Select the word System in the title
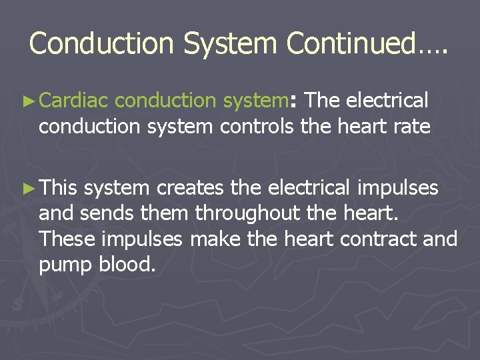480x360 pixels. point(231,43)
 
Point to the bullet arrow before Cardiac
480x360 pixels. point(29,101)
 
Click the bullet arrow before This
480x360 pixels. point(29,189)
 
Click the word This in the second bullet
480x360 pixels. point(58,188)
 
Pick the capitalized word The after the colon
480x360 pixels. point(323,101)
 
